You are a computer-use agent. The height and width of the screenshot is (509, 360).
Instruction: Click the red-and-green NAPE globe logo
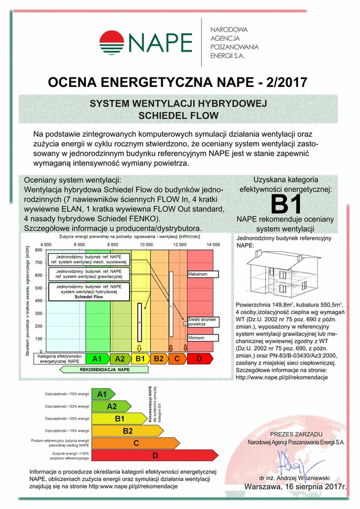click(x=112, y=43)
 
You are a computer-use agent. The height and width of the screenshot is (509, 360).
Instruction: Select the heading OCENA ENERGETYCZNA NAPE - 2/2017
click(x=179, y=80)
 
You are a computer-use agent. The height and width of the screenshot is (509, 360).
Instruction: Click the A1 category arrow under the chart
click(x=97, y=359)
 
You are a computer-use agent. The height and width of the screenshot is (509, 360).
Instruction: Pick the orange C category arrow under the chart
click(x=177, y=359)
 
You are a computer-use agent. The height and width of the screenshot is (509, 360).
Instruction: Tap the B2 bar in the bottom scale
click(x=127, y=430)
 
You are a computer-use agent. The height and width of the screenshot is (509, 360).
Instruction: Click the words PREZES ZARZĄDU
click(x=296, y=433)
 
